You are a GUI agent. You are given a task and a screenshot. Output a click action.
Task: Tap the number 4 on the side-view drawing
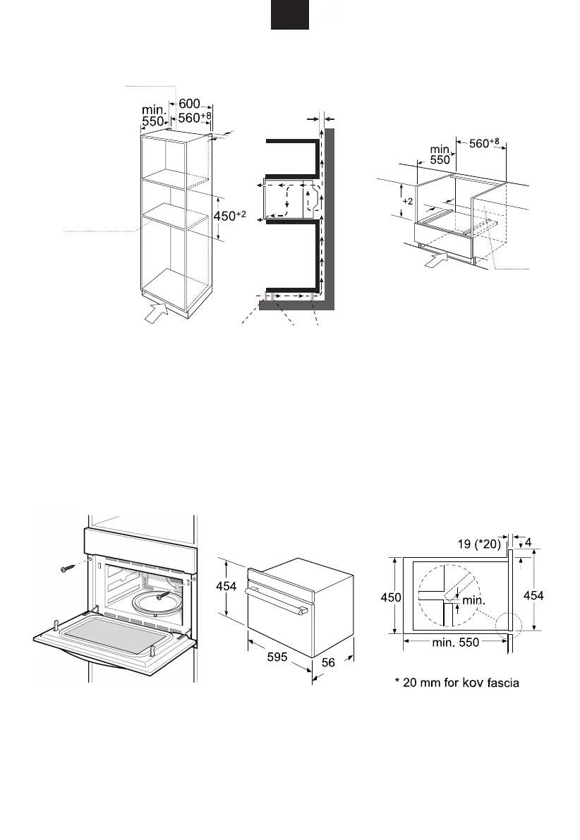(x=528, y=543)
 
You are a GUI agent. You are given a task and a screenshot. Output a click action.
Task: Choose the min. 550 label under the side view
(x=454, y=643)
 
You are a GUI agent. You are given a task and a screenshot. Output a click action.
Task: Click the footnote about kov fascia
(x=457, y=683)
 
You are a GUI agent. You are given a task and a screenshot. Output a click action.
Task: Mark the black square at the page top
(x=289, y=15)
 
